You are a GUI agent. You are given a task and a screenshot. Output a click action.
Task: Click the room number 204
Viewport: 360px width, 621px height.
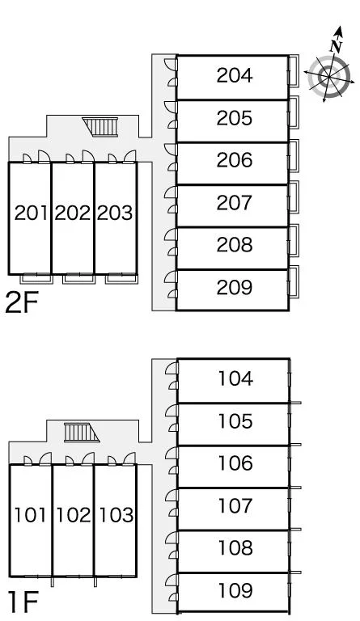point(235,75)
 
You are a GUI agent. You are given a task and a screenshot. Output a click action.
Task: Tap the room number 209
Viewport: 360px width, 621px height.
point(235,288)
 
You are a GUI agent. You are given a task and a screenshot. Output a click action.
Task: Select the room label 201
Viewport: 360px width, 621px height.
point(31,213)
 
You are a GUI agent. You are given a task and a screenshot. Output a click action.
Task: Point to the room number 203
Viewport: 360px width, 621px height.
point(115,213)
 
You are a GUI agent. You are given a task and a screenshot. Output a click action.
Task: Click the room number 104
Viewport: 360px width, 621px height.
point(235,378)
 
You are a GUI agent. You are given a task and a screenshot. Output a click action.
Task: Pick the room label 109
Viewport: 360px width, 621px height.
point(235,590)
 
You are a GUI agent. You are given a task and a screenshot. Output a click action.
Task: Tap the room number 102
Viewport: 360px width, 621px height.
point(74,515)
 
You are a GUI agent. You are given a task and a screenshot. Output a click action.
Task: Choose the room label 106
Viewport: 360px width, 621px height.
point(235,463)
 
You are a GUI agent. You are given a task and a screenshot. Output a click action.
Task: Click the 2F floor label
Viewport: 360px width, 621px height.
point(22,302)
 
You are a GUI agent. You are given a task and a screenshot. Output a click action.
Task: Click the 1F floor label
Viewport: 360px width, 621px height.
point(23,602)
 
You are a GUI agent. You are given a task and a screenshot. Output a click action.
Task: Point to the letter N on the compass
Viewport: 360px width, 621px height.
point(337,46)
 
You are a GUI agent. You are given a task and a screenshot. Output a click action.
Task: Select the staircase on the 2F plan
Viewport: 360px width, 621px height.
point(100,127)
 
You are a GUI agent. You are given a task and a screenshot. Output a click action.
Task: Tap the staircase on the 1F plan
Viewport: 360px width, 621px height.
point(82,432)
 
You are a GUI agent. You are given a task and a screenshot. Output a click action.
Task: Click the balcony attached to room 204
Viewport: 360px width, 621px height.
point(294,71)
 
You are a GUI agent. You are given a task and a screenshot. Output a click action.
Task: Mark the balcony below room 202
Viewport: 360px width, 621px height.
point(78,278)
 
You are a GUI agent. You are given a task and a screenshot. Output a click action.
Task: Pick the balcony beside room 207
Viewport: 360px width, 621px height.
point(294,196)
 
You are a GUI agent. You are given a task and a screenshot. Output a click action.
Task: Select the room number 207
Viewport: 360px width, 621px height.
point(235,203)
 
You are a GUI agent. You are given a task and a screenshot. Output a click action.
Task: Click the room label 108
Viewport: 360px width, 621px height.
point(235,547)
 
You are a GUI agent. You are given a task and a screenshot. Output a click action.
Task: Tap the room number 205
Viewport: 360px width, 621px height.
point(235,118)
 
